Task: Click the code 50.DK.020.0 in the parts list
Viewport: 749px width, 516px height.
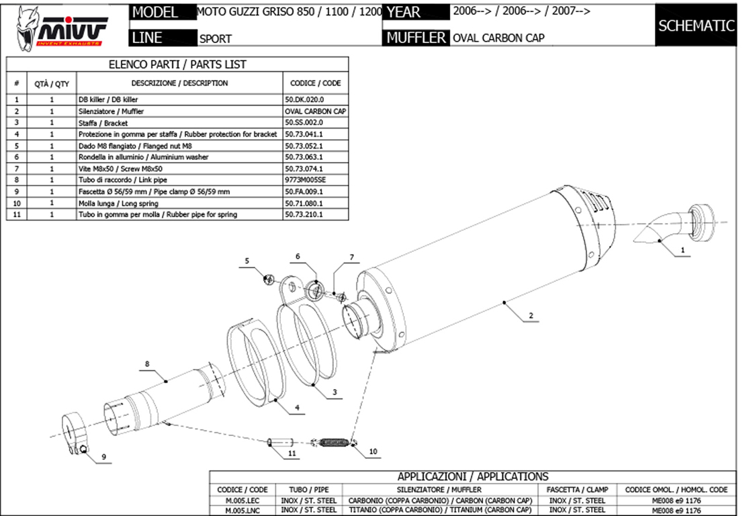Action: [305, 99]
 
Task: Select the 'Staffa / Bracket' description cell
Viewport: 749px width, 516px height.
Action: [103, 123]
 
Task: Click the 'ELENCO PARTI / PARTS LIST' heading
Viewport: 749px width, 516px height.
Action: [177, 64]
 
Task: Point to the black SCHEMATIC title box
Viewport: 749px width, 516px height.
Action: [696, 26]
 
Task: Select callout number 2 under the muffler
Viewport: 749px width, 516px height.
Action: [531, 315]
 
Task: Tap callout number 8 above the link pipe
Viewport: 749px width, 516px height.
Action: [146, 365]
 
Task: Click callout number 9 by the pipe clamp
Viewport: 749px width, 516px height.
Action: [104, 457]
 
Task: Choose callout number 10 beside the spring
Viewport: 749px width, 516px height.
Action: [373, 452]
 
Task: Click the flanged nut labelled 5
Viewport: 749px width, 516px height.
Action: [267, 277]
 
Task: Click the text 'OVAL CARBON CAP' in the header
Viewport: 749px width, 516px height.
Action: [498, 38]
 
